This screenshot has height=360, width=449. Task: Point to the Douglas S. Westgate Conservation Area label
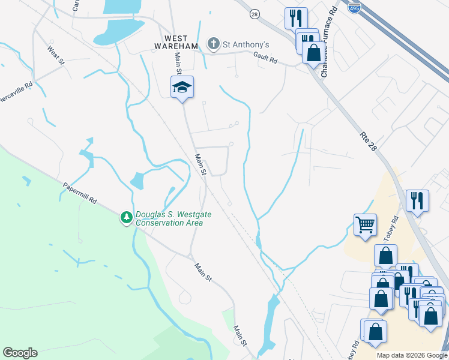pos(169,219)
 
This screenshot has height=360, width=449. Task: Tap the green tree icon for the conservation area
pos(127,217)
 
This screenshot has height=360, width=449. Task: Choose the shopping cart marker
pos(365,225)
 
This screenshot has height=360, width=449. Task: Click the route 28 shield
pos(255,14)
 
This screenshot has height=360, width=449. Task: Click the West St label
pos(56,57)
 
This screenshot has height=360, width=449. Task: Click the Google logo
pos(20,353)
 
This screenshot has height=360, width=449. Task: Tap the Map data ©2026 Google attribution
pos(412,355)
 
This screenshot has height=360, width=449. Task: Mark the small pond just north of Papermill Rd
pos(137,181)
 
